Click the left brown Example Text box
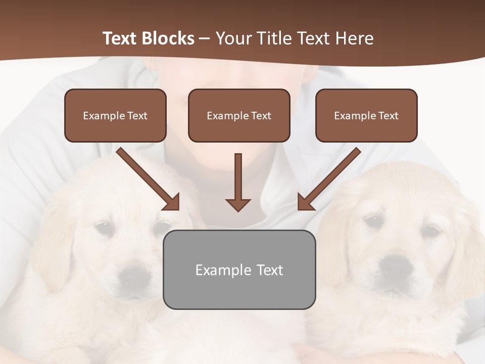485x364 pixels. tap(115, 116)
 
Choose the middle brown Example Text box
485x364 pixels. tap(239, 116)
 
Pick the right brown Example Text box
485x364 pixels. tap(366, 116)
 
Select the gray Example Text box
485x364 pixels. tap(239, 269)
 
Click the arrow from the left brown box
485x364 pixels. tap(148, 178)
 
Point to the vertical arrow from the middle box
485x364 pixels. tap(238, 182)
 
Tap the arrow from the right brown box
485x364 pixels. tap(329, 178)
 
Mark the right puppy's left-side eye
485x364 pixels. tap(373, 221)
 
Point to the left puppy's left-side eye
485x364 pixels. tap(105, 227)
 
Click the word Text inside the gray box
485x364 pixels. tap(270, 270)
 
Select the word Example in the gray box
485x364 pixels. tap(223, 270)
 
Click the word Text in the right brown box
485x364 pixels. tap(388, 116)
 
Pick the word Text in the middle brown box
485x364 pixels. tap(261, 116)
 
